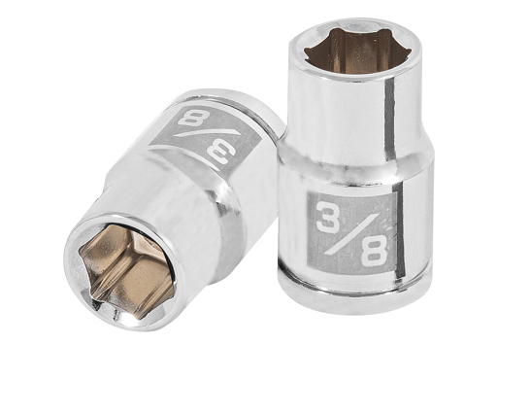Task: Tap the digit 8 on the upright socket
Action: (x=374, y=250)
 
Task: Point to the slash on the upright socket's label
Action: (x=351, y=234)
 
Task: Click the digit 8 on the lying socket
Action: (x=194, y=118)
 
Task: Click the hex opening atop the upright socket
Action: (x=357, y=51)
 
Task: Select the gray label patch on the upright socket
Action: (x=352, y=233)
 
